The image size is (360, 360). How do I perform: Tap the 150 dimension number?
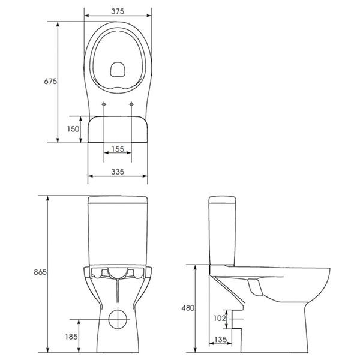73,129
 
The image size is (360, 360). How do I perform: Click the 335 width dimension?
117,172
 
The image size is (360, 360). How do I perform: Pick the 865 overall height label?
39,272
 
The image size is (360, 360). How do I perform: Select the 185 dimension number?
71,337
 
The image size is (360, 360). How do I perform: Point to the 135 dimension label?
220,340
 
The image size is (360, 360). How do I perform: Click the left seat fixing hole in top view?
104,104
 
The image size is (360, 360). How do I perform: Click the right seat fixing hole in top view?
131,104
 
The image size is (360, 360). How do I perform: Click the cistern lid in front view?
118,199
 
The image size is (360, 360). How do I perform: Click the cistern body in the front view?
118,234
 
